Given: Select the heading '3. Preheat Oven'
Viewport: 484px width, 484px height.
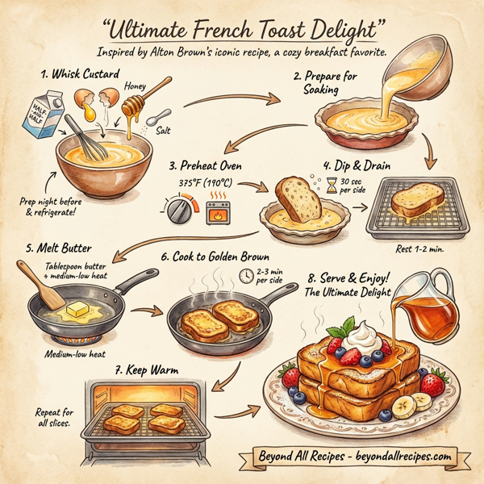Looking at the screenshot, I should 205,165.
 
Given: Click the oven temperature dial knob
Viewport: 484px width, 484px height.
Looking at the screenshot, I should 178,211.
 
